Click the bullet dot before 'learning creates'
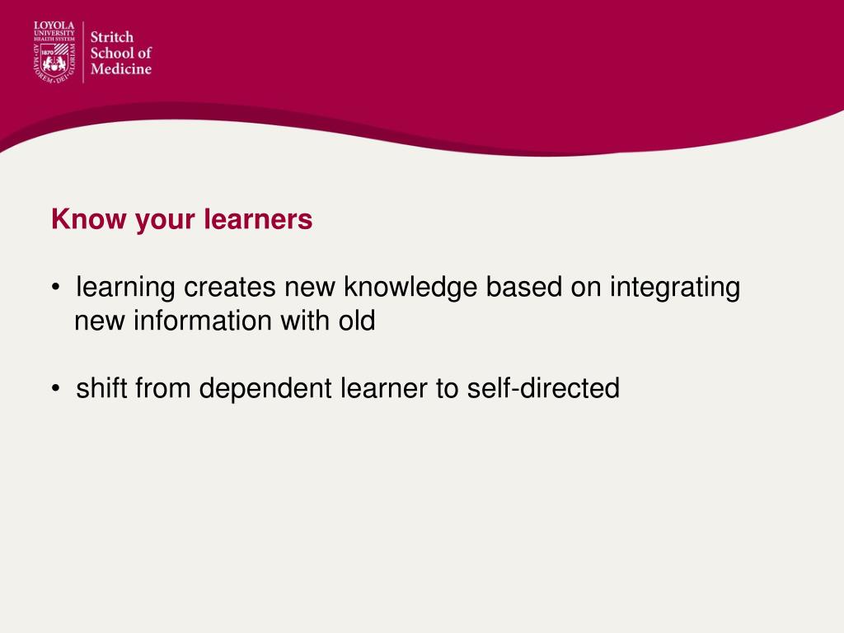click(x=54, y=288)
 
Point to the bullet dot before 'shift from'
click(x=54, y=388)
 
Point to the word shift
click(x=102, y=387)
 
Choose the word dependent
click(x=265, y=387)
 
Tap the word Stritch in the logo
click(x=111, y=37)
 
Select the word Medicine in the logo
click(x=120, y=69)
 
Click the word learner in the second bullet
click(x=383, y=387)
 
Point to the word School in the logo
click(x=109, y=53)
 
